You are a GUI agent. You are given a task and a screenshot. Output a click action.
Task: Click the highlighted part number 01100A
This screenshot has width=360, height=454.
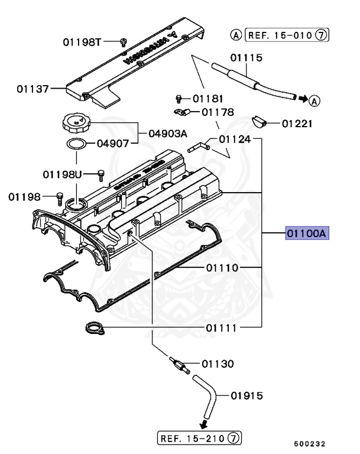(307, 234)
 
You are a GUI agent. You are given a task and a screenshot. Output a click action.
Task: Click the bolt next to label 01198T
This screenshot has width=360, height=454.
(123, 41)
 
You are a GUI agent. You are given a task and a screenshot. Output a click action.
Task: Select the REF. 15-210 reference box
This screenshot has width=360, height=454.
(200, 438)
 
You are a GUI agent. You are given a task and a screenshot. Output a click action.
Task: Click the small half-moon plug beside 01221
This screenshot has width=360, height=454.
(260, 122)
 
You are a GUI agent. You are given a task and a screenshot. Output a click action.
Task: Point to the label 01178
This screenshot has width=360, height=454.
(218, 112)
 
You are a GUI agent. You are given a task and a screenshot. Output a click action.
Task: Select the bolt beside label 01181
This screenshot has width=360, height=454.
(179, 99)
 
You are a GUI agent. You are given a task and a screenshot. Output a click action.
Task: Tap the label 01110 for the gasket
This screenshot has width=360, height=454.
(222, 268)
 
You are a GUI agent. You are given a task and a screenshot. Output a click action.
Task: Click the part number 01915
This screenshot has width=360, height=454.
(247, 395)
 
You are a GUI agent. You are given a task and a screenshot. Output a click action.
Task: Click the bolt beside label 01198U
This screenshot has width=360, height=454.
(100, 173)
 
